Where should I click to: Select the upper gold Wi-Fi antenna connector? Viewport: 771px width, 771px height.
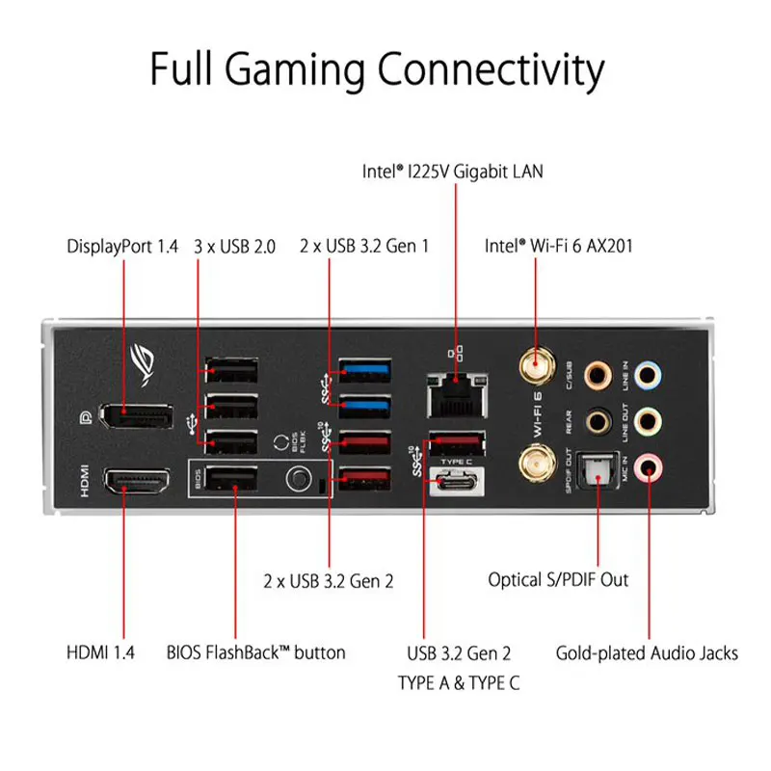click(537, 364)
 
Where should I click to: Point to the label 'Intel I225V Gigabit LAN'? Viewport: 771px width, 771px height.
click(452, 173)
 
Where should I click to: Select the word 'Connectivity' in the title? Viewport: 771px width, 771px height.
click(491, 70)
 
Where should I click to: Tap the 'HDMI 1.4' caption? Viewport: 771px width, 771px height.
click(100, 652)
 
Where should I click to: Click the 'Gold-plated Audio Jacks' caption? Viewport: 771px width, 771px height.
click(647, 652)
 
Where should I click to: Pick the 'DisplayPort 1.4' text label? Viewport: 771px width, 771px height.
click(123, 246)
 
